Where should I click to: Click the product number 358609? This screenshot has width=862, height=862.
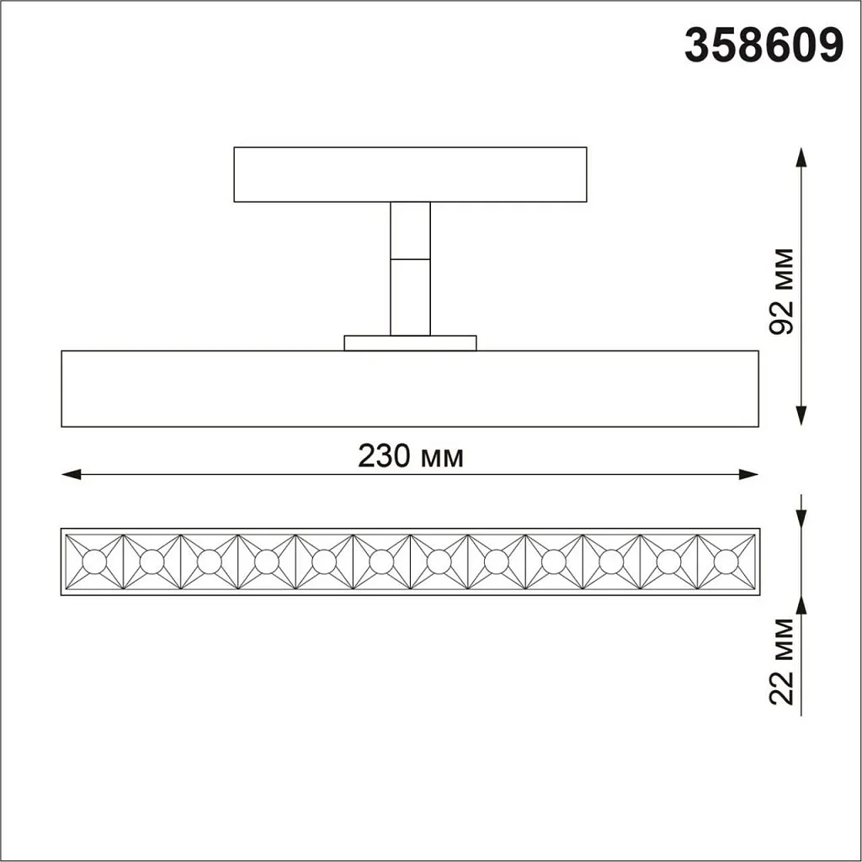point(764,46)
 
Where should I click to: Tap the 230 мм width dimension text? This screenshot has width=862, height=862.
point(411,456)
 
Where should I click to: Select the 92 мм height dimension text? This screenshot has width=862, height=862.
point(782,291)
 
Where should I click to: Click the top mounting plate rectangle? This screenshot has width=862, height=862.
point(410,174)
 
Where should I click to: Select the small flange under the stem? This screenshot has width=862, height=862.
point(410,343)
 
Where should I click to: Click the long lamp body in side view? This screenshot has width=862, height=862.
point(410,388)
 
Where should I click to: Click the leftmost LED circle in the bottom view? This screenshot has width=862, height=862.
point(94,561)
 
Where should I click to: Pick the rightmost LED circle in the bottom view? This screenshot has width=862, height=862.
point(726,561)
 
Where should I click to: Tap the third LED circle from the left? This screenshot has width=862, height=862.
point(209,561)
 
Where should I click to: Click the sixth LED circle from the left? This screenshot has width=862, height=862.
point(381,561)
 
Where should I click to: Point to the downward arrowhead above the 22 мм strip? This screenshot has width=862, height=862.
point(801,519)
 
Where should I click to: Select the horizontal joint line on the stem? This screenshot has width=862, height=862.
point(410,258)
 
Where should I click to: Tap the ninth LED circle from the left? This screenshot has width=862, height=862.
point(553,561)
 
